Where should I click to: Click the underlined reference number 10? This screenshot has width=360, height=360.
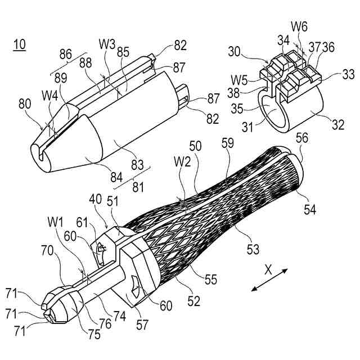20,45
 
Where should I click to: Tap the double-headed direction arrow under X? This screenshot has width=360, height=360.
269,281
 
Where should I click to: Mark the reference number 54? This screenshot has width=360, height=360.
311,210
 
